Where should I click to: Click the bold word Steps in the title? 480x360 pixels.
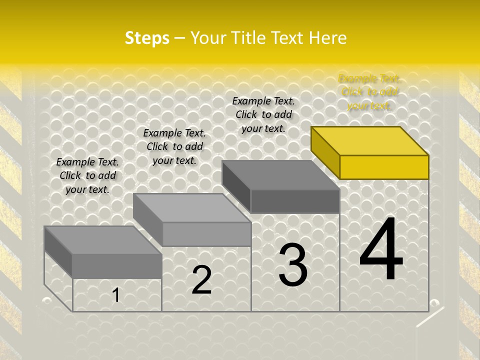click(x=147, y=38)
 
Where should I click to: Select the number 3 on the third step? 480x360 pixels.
click(x=293, y=264)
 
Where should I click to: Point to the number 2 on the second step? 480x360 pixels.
click(x=202, y=280)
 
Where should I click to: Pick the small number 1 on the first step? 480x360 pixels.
click(x=115, y=295)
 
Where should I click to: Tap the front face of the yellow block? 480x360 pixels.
click(x=384, y=167)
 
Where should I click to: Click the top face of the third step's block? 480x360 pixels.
click(x=280, y=175)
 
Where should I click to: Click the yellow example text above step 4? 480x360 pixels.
click(x=369, y=92)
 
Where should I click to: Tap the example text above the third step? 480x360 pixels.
click(x=263, y=114)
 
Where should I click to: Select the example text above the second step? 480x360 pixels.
click(x=174, y=146)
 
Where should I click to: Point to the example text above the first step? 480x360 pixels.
click(x=87, y=175)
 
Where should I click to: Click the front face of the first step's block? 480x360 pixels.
click(x=117, y=265)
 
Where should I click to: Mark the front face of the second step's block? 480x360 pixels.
click(x=206, y=234)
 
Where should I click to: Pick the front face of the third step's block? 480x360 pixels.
click(x=295, y=201)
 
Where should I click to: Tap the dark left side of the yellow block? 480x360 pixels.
click(x=325, y=152)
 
